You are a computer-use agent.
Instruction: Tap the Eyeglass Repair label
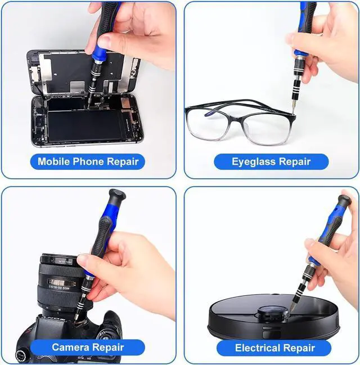click(x=271, y=161)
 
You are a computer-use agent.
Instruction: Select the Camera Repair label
click(x=88, y=347)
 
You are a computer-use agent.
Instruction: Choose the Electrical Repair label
click(x=274, y=348)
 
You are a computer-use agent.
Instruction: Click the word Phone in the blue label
click(x=86, y=161)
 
